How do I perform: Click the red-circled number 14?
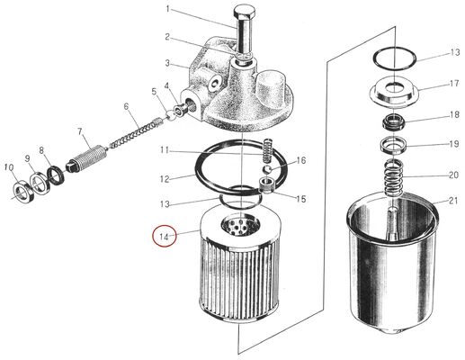coord(165,237)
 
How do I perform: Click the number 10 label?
coord(9,167)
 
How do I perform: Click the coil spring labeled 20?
coord(390,175)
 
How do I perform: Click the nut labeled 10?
coord(19,191)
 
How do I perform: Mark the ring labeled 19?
coord(392,145)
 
